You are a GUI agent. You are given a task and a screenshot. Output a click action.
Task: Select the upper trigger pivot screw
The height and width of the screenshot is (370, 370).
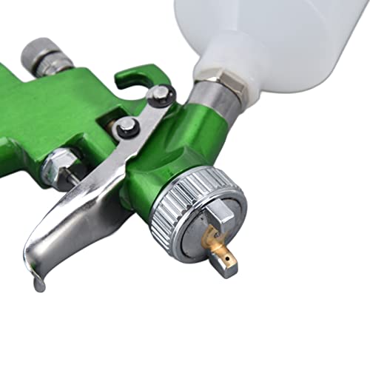point(159,94)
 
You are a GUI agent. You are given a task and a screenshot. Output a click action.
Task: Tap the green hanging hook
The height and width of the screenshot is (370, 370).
point(141,77)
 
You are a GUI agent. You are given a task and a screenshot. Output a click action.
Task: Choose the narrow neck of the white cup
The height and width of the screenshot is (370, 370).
point(222,59)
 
